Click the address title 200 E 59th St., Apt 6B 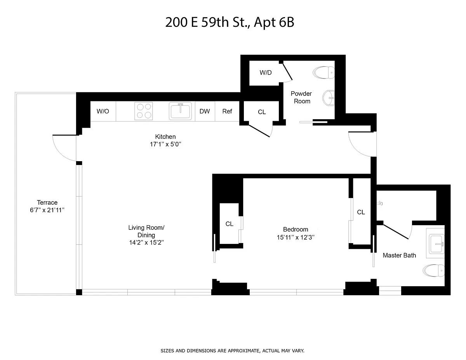(230, 22)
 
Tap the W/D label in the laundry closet (266, 73)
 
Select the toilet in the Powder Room (324, 73)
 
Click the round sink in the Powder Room (329, 98)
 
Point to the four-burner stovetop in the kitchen (144, 111)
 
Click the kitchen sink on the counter (180, 111)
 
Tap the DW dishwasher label (205, 111)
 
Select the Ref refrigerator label (227, 111)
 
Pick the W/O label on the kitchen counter (103, 111)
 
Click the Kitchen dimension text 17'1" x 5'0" (165, 144)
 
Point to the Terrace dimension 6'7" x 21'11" (47, 210)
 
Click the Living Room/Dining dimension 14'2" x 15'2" (146, 242)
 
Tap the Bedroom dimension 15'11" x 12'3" (296, 237)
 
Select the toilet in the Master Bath (433, 270)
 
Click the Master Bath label (399, 255)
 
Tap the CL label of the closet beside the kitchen (262, 112)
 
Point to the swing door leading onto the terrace (64, 148)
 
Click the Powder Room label (301, 97)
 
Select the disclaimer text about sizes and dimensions (233, 351)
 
